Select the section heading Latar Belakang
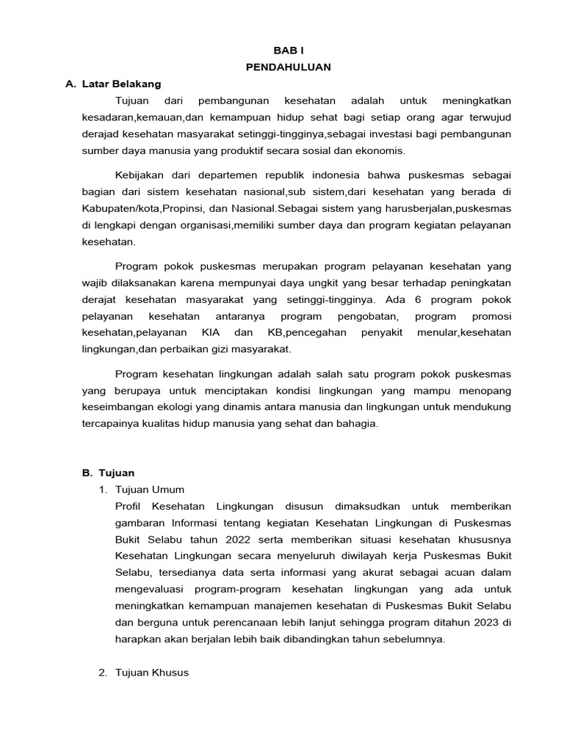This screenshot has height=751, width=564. click(x=124, y=84)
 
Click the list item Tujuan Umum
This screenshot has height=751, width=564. click(x=151, y=489)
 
